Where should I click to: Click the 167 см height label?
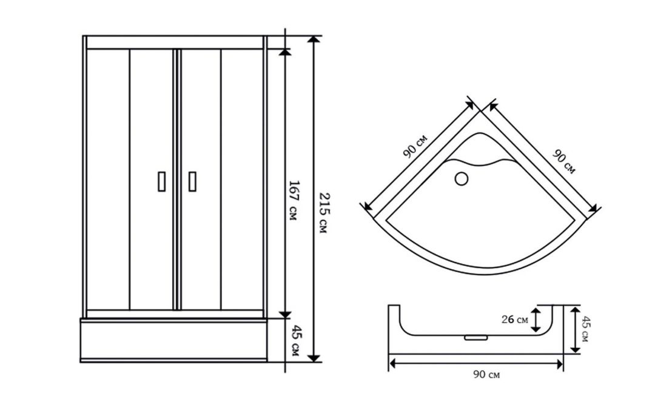click(x=294, y=200)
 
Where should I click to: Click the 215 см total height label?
click(x=324, y=212)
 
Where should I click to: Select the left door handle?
click(x=162, y=181)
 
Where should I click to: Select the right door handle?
click(x=192, y=181)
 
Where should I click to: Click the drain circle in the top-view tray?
click(x=461, y=179)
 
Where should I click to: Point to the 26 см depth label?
click(x=515, y=320)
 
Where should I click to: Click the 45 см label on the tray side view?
click(x=585, y=329)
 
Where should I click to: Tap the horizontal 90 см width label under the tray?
click(x=486, y=375)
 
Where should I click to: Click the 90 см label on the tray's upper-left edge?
click(x=415, y=146)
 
